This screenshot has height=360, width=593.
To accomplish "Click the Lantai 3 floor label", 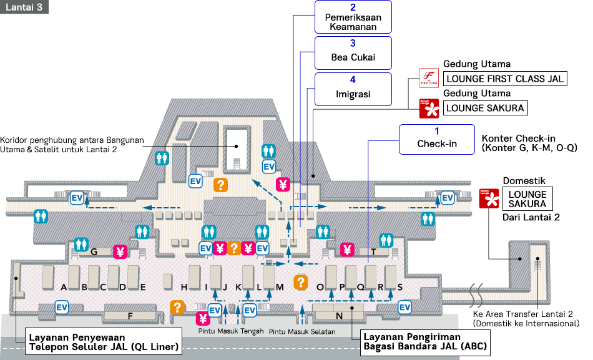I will coord(24,7).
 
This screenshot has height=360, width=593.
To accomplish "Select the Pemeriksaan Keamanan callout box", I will coord(353,17).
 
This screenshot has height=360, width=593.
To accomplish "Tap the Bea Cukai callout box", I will coord(353,52).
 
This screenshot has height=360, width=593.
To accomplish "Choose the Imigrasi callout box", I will coord(353,89).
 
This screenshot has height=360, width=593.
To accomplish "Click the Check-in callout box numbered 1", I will coord(437,139).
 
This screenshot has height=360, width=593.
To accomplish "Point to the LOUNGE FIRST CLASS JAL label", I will coord(504,79).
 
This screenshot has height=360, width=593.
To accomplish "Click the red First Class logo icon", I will coord(428,79).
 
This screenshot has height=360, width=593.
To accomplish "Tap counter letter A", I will coord(64,287).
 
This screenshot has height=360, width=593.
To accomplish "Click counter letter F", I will coord(130,316).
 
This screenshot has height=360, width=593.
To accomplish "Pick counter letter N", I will coord(339,316).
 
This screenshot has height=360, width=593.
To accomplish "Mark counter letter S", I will coord(400,287).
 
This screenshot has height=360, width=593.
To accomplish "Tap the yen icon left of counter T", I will coord(348,251).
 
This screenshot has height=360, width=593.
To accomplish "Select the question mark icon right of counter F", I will coord(178,307).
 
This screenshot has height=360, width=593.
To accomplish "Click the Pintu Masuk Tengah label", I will coord(231,331).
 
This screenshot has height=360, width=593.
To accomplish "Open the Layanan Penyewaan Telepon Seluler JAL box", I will coord(104,342).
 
